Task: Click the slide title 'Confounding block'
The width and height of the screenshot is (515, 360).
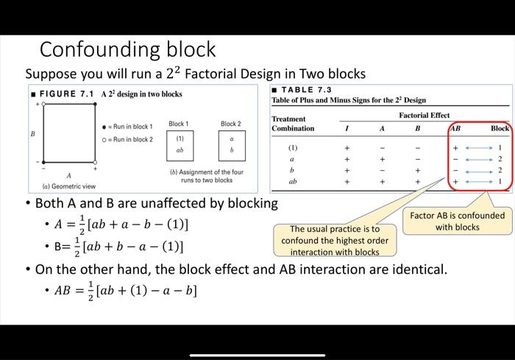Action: (127, 49)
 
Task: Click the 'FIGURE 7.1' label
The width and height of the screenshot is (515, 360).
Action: (67, 94)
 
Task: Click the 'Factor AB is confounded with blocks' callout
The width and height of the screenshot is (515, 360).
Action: (457, 221)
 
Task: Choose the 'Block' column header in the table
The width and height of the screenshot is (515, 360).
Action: (499, 128)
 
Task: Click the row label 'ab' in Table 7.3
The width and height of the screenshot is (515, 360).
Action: (293, 180)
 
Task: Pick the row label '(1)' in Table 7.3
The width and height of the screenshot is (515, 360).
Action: (293, 147)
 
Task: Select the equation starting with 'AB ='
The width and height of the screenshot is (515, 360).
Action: (126, 290)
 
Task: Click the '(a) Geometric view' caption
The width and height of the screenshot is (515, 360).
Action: (68, 186)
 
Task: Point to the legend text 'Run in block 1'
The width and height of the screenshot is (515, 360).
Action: (132, 127)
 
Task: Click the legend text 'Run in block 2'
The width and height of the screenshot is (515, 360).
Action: (132, 139)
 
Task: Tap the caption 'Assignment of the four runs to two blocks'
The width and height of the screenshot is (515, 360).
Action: (206, 176)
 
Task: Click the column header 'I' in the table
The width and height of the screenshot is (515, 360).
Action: (347, 128)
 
